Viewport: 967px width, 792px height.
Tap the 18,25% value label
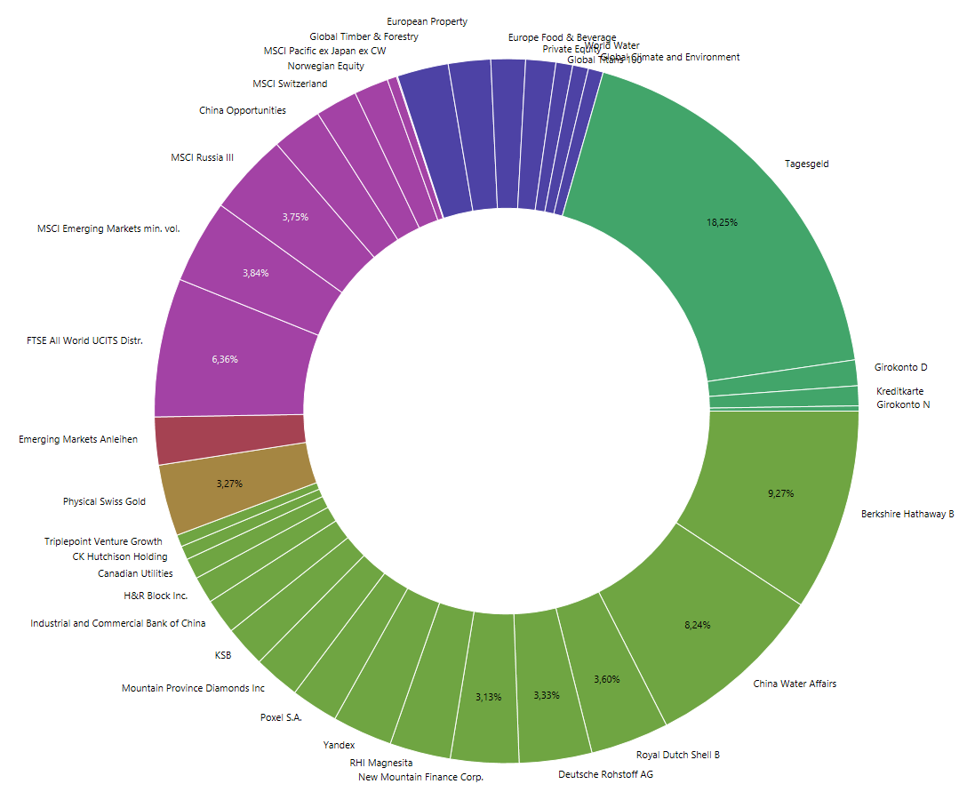(x=722, y=222)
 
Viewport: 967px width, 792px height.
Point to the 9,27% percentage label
(x=780, y=493)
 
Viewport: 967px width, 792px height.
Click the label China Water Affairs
(x=795, y=684)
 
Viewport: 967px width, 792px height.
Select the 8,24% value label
(x=697, y=626)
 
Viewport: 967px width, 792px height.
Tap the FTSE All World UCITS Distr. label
(x=84, y=340)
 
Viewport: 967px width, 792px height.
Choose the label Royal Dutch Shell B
(x=678, y=755)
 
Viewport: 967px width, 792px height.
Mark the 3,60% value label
(x=606, y=680)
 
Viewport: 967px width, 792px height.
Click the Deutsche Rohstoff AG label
(x=605, y=774)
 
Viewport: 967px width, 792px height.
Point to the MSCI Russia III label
(x=202, y=157)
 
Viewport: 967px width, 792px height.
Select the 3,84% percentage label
(x=255, y=273)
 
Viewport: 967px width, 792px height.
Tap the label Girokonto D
(x=900, y=367)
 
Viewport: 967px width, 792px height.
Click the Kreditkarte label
(x=899, y=391)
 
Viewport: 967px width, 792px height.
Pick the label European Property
(x=427, y=21)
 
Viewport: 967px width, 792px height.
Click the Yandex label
(x=339, y=745)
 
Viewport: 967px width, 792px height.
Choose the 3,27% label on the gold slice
(x=229, y=484)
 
